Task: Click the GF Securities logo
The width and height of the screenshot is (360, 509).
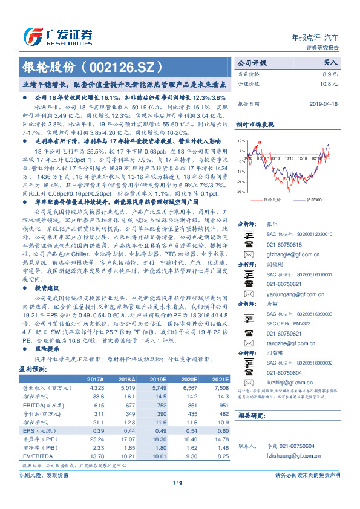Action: (x=58, y=36)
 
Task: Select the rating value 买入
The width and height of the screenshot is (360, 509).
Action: (x=330, y=62)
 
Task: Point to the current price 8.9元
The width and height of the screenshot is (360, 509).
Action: (x=330, y=73)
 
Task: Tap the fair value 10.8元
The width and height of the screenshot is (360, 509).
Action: (x=329, y=83)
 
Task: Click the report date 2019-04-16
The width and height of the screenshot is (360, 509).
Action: (x=326, y=103)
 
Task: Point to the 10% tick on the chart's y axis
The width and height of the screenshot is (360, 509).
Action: (x=241, y=140)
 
